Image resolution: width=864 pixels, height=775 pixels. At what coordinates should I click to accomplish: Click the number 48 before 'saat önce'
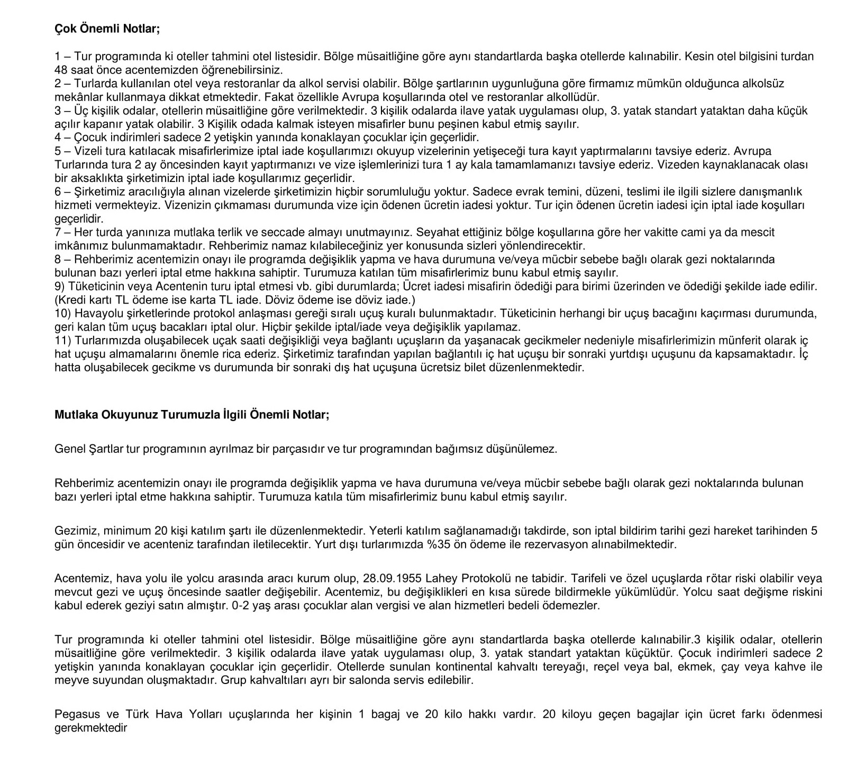(x=61, y=70)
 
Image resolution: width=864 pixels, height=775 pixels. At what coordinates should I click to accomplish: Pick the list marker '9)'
(x=60, y=287)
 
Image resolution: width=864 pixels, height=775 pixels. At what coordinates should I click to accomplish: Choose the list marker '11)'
(x=63, y=341)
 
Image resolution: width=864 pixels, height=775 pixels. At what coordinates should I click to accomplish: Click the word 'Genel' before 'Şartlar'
(x=68, y=449)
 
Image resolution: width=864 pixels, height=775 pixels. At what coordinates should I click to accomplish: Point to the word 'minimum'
(x=128, y=531)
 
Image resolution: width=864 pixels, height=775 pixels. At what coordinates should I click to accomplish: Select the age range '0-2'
(x=241, y=606)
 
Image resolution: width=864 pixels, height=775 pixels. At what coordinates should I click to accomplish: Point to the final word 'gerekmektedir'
(x=90, y=728)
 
